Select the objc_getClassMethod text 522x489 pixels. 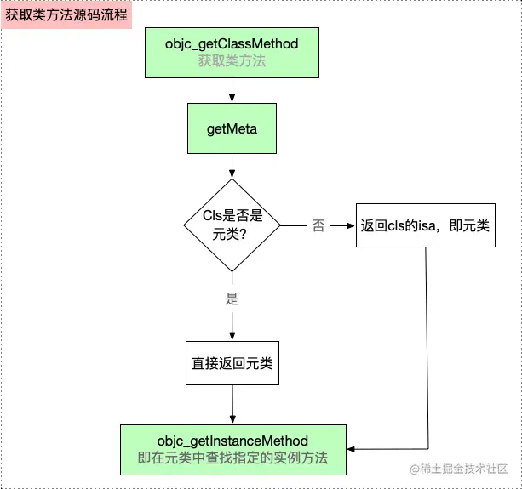(x=232, y=43)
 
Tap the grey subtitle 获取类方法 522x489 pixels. (x=232, y=60)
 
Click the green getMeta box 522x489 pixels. (x=232, y=128)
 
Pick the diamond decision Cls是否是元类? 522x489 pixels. (x=232, y=225)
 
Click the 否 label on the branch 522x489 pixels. (x=318, y=225)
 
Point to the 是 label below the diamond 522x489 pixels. (x=232, y=299)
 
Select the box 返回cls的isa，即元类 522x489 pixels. (x=424, y=225)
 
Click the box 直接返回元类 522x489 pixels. (x=232, y=363)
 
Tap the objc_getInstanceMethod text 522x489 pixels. (x=232, y=440)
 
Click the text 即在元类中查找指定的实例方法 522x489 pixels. (x=232, y=458)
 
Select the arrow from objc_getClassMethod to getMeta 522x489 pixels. (x=232, y=88)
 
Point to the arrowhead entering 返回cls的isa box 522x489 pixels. (x=349, y=225)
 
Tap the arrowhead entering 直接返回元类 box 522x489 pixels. (x=232, y=336)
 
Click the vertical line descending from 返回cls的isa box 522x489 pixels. (x=424, y=340)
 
